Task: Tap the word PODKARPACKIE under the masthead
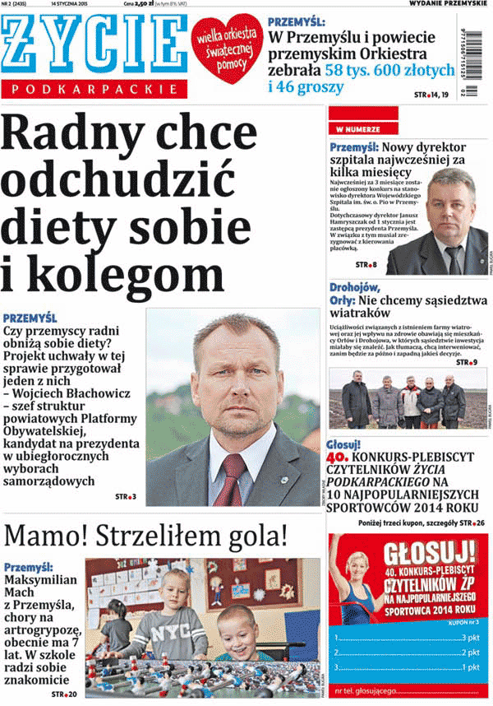pos(95,88)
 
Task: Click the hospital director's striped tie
pos(454,258)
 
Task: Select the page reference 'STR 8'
pos(366,265)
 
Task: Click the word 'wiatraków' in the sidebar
pos(369,313)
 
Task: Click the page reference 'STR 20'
pos(64,694)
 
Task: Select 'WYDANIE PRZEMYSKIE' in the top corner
pos(449,5)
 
